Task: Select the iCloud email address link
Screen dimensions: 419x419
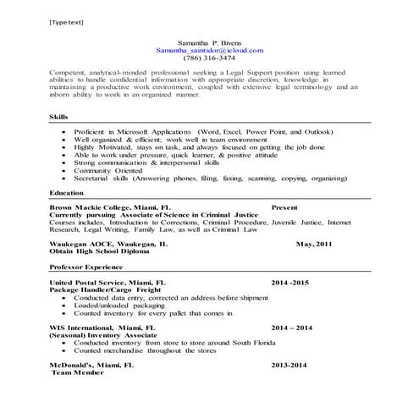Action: pos(209,50)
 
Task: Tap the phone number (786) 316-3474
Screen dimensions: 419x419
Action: pos(208,58)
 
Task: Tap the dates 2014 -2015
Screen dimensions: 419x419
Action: pos(291,282)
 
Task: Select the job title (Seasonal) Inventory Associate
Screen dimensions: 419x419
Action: pos(103,334)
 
